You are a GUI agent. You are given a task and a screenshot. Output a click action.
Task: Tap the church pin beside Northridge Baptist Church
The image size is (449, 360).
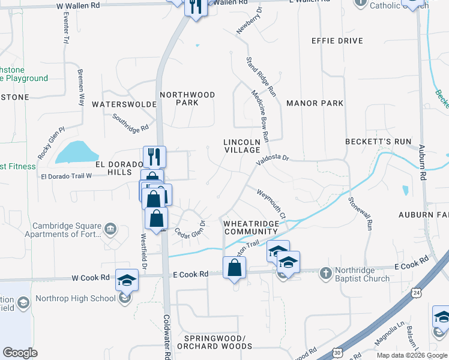click(325, 274)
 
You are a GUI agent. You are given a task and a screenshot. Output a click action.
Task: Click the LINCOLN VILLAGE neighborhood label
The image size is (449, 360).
click(241, 146)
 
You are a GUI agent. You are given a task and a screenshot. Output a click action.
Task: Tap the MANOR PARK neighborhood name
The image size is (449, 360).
click(315, 103)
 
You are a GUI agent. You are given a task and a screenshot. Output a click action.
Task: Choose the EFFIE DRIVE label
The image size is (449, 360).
click(337, 41)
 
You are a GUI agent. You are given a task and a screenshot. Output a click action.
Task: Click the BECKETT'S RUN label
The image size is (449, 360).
click(378, 142)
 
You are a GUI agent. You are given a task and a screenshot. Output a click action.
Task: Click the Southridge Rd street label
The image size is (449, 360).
click(130, 122)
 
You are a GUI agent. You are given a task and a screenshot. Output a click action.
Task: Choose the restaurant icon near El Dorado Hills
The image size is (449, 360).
click(155, 157)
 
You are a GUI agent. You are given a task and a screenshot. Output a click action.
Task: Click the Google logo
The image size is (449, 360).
click(20, 353)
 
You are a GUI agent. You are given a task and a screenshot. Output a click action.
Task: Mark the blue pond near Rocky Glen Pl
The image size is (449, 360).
click(76, 152)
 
